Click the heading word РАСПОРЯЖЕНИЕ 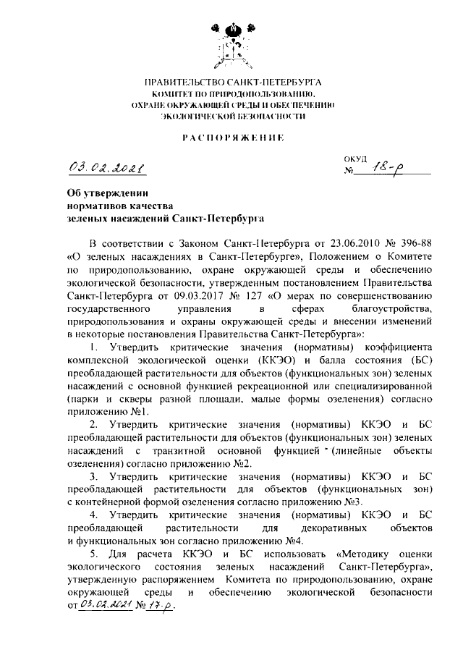[232, 136]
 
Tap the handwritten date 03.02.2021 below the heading [106, 169]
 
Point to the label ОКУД [356, 159]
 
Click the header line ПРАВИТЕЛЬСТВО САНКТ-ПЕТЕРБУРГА [232, 83]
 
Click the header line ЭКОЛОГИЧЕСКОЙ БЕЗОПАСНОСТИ [232, 115]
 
